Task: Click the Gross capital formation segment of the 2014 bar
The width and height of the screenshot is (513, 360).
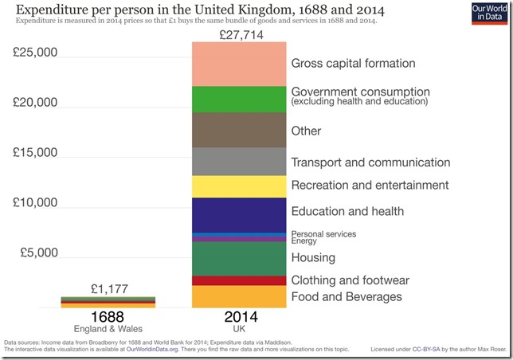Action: tap(239, 63)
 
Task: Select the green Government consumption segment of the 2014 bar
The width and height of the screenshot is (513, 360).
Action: tap(239, 99)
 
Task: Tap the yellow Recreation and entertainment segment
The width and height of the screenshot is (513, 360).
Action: tap(239, 186)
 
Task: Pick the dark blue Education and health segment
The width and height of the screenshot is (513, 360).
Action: tap(239, 213)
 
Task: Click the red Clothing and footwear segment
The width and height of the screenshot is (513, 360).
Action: tap(239, 280)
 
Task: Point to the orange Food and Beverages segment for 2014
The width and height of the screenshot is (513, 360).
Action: tap(239, 296)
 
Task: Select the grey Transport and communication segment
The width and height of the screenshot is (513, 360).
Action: tap(239, 162)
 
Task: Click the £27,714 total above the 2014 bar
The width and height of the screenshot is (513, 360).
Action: tap(239, 35)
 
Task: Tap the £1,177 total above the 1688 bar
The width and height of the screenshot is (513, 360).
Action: tap(109, 288)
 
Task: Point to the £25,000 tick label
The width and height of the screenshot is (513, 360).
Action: tap(36, 53)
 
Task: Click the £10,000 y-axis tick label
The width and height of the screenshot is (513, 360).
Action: tap(36, 202)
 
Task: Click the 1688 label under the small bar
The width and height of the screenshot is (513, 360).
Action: tap(108, 316)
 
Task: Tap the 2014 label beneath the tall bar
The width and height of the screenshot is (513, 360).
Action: tap(239, 316)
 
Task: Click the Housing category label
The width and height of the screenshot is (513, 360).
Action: tap(313, 258)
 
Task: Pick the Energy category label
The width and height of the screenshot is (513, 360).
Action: tap(304, 241)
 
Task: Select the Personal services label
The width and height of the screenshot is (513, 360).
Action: tap(323, 233)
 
